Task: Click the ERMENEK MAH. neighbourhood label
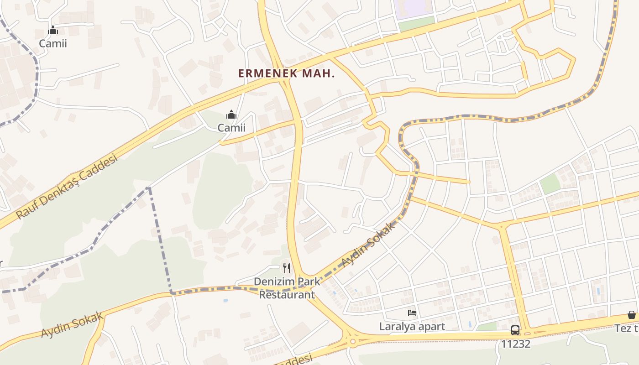pos(286,73)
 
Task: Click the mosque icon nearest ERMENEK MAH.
pos(231,115)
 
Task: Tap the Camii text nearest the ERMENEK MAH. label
pos(231,128)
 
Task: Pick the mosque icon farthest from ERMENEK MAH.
pos(53,31)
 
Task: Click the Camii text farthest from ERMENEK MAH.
pos(53,44)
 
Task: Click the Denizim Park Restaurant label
pos(287,288)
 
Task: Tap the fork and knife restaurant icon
pos(287,268)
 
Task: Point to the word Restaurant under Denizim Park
pos(287,295)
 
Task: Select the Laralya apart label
pos(412,327)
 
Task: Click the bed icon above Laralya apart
pos(412,313)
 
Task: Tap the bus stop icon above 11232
pos(515,330)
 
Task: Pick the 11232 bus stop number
pos(516,344)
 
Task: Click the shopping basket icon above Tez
pos(632,315)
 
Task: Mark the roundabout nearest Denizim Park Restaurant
pos(352,341)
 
